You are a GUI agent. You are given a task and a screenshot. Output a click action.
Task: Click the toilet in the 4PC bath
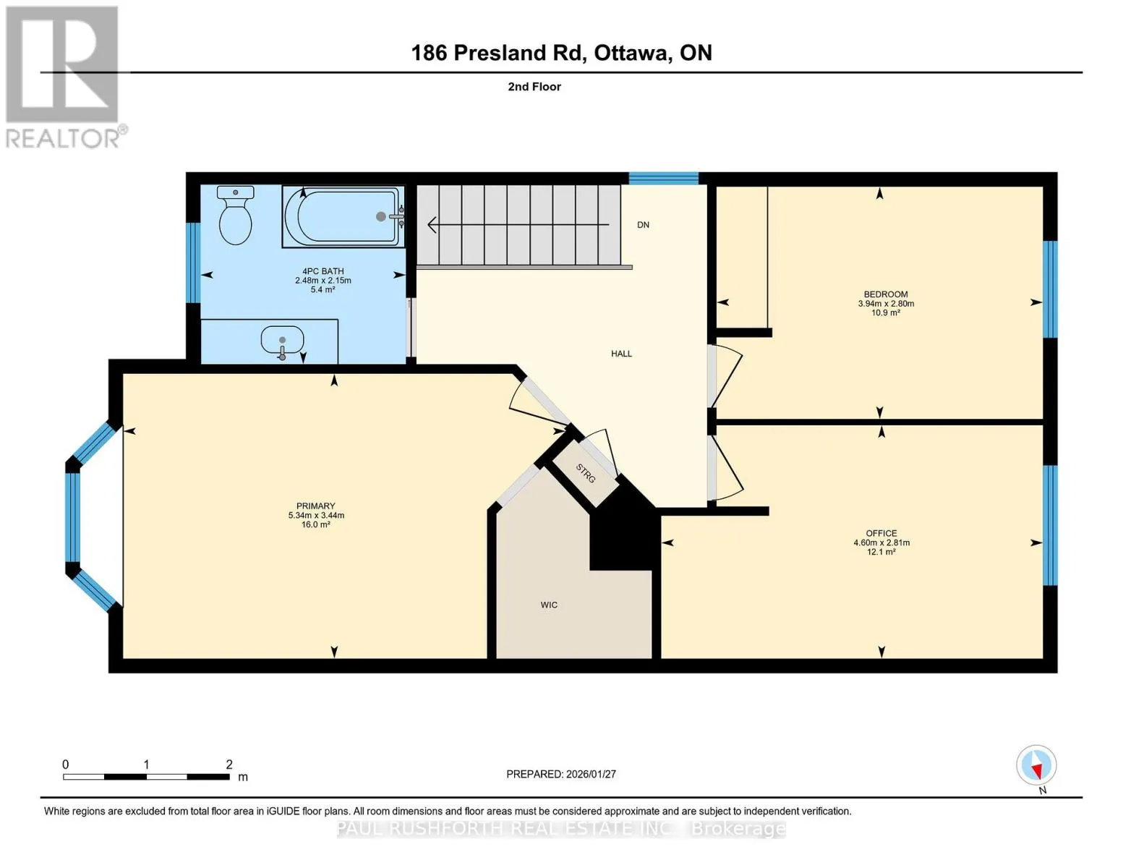click(x=235, y=215)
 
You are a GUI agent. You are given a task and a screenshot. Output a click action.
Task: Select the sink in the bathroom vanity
click(x=282, y=341)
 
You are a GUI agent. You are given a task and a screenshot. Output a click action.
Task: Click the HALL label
click(x=621, y=354)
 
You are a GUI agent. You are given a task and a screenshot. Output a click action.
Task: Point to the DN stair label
click(x=643, y=224)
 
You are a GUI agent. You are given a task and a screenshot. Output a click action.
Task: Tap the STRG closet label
click(x=586, y=473)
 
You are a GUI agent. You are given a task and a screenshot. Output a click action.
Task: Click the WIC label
click(x=549, y=605)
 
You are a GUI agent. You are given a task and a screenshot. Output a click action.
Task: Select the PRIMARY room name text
click(x=316, y=506)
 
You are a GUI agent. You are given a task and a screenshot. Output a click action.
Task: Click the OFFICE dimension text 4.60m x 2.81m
click(x=881, y=542)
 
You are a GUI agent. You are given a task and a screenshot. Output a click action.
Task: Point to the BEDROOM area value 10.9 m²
click(x=886, y=312)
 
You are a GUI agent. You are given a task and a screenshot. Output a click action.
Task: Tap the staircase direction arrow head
click(x=432, y=225)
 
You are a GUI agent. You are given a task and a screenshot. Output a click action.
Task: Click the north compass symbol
click(x=1036, y=765)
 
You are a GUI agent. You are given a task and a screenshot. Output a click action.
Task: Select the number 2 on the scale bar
click(x=229, y=764)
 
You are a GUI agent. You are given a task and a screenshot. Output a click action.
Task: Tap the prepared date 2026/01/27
click(x=592, y=774)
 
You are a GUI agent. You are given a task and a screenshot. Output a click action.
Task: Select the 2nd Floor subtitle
click(x=534, y=86)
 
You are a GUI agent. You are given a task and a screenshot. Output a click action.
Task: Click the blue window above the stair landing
click(x=664, y=179)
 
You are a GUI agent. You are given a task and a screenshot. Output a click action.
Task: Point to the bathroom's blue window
click(x=193, y=263)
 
